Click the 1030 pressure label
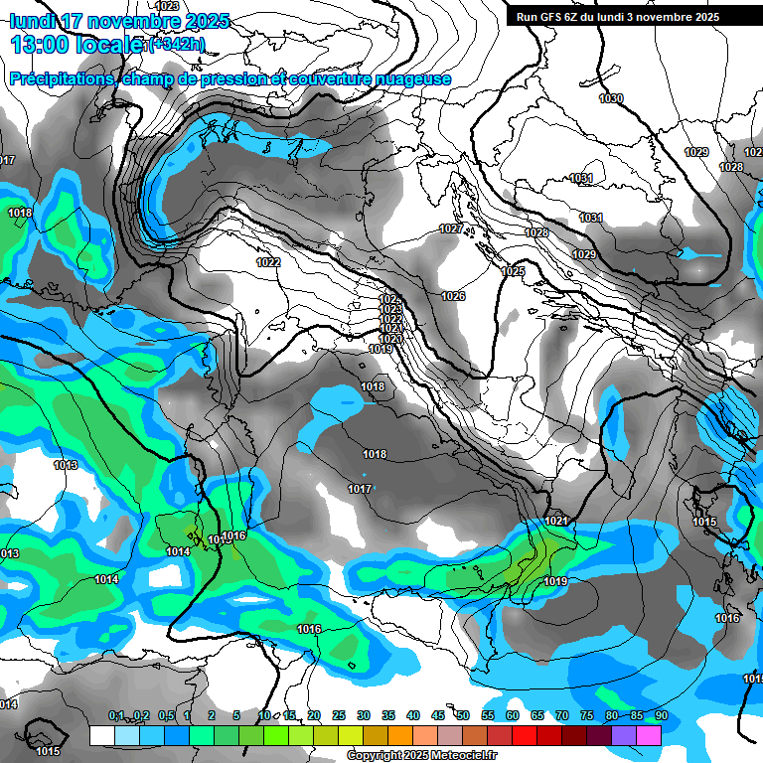pos(611,98)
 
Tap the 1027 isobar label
pos(451,229)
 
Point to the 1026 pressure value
pos(453,296)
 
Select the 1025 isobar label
pos(513,271)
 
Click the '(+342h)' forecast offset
pos(177,46)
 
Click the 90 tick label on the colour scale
pos(661,716)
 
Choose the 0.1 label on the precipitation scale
pos(116,716)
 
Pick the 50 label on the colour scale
pos(463,716)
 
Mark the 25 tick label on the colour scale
pos(339,716)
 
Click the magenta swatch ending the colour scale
pos(649,735)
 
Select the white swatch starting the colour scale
pos(101,735)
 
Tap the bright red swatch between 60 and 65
pos(525,735)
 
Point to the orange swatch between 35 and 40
pos(400,735)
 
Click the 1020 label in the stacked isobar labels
pos(389,339)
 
